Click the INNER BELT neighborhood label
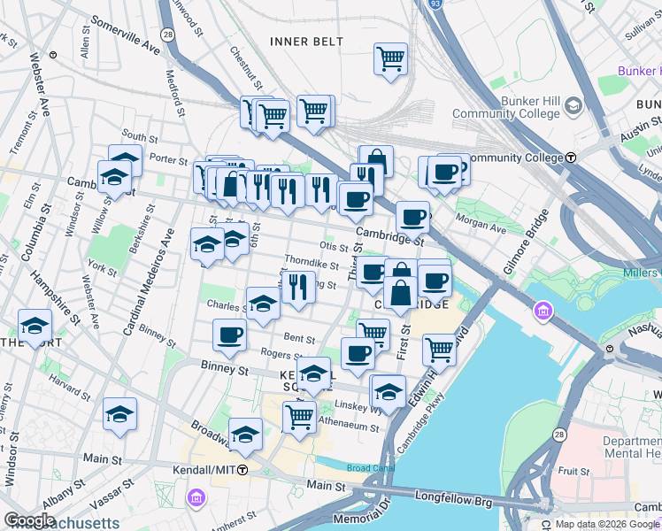(299, 41)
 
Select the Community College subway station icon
(572, 157)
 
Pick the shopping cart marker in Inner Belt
(390, 60)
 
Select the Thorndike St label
(312, 263)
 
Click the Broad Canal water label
(366, 467)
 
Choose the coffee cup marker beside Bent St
(229, 335)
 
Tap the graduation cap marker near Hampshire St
(35, 326)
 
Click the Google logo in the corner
(29, 520)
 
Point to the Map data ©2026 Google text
(607, 524)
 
